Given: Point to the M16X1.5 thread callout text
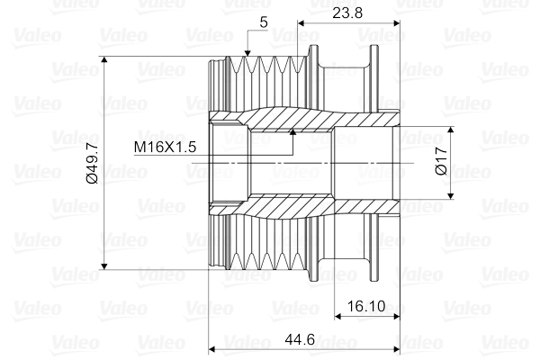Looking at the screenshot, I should click(165, 147).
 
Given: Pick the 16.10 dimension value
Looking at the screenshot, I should click(364, 306).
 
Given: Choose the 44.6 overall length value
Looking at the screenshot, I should click(304, 339).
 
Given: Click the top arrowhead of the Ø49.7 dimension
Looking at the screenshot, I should click(106, 61).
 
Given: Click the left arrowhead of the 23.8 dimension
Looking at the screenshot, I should click(301, 22).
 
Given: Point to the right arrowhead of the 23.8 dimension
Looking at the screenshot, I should click(397, 22).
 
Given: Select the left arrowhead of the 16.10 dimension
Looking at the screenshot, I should click(337, 316).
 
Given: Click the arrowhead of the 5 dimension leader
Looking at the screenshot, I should click(247, 58).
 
